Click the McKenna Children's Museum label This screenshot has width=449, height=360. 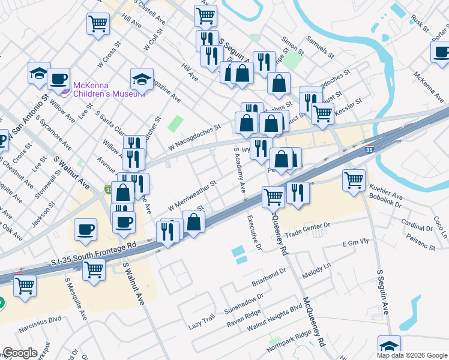tap(109, 89)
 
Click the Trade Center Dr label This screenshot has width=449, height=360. tap(309, 229)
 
